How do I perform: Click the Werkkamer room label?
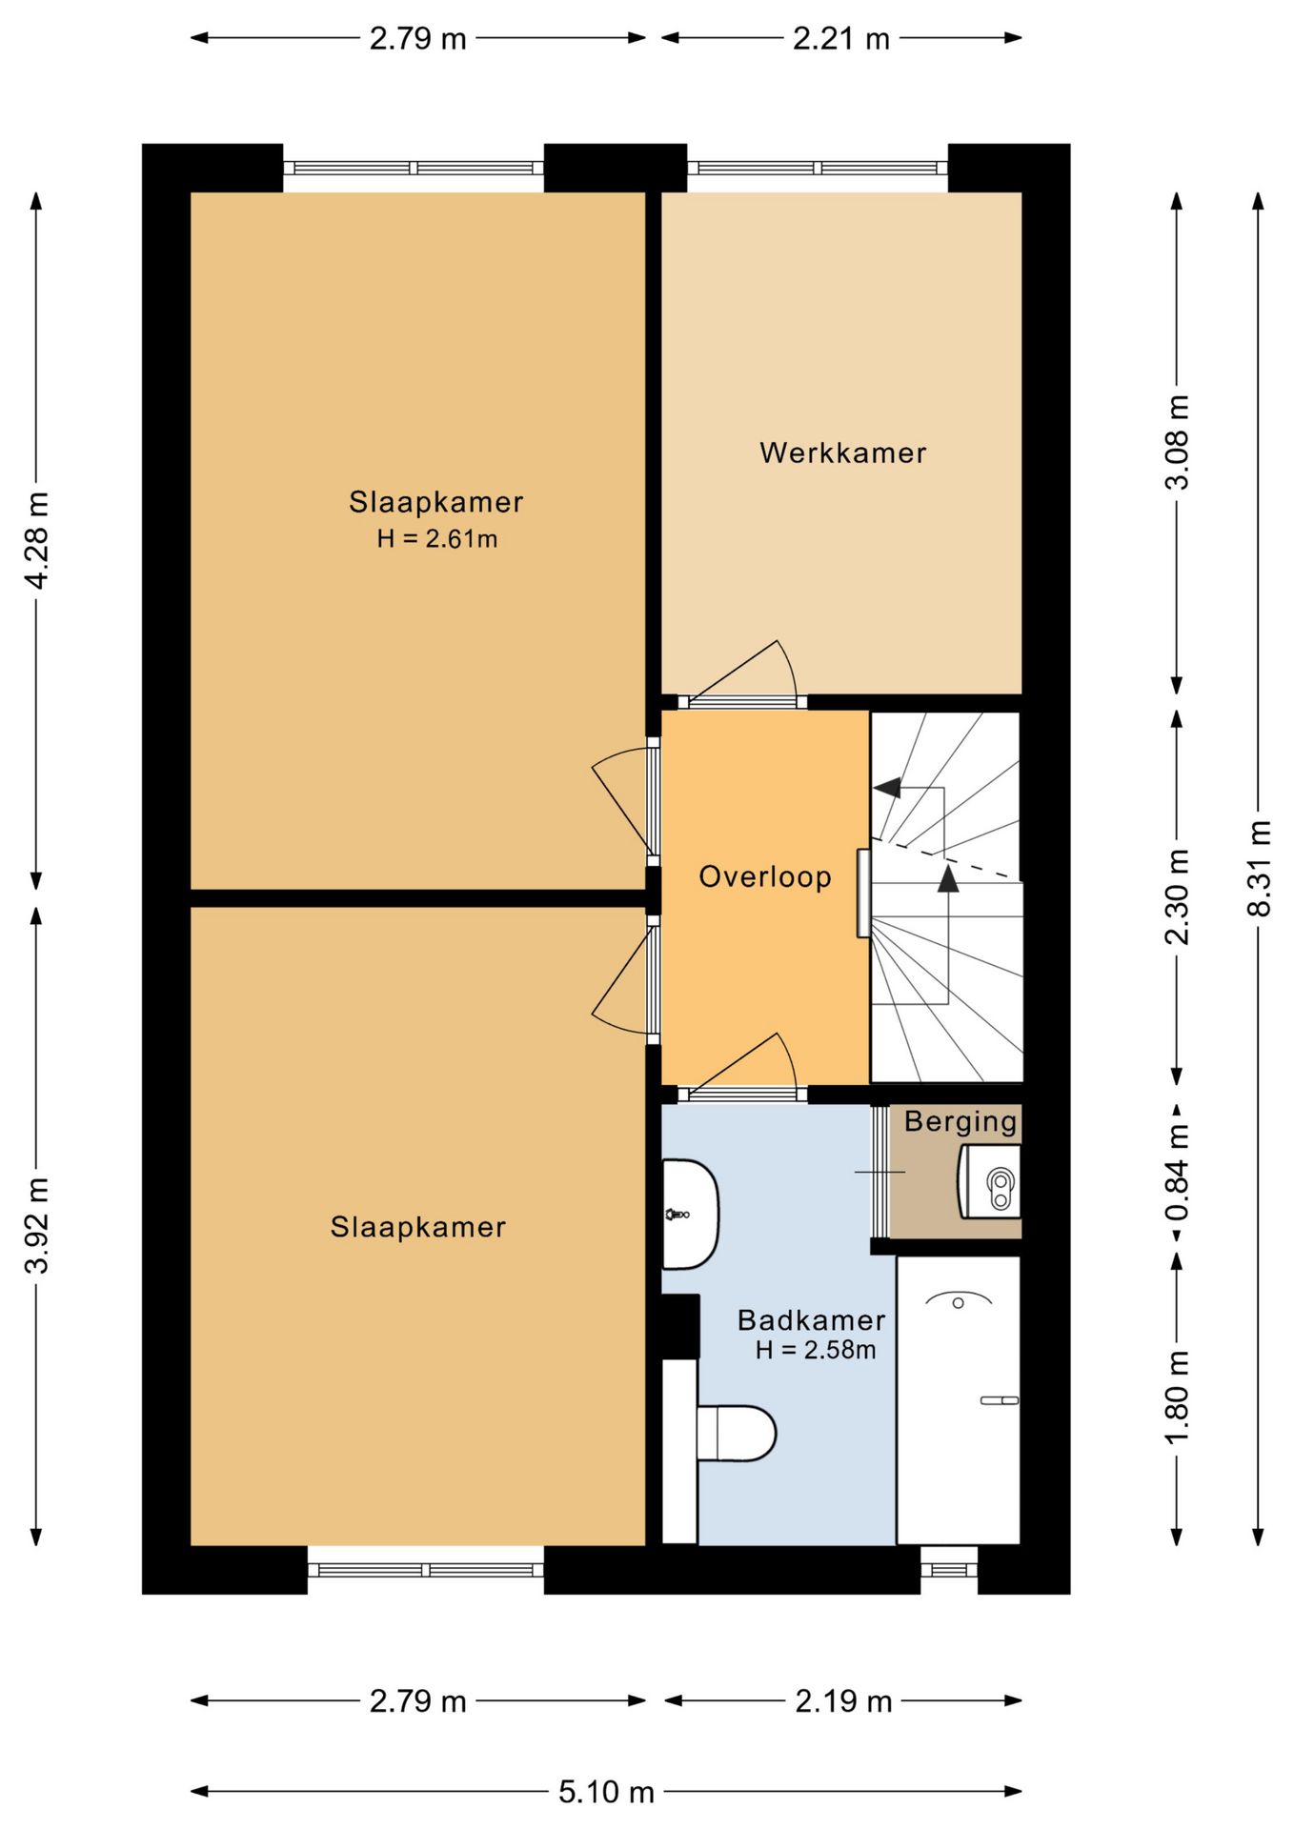842,452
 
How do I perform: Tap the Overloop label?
765,876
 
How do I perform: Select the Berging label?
960,1122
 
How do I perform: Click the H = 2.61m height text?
436,539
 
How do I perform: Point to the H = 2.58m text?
815,1350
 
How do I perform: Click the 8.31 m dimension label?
1259,868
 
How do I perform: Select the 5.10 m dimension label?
606,1792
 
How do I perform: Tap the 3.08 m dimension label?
1178,442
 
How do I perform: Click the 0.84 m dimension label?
1178,1173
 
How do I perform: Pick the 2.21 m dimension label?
841,38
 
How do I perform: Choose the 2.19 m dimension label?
843,1701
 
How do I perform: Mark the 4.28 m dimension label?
37,541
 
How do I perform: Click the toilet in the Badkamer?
737,1433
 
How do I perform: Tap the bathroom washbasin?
690,1215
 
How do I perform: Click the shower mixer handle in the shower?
1000,1400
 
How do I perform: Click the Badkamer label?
812,1320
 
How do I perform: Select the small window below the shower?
949,1569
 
